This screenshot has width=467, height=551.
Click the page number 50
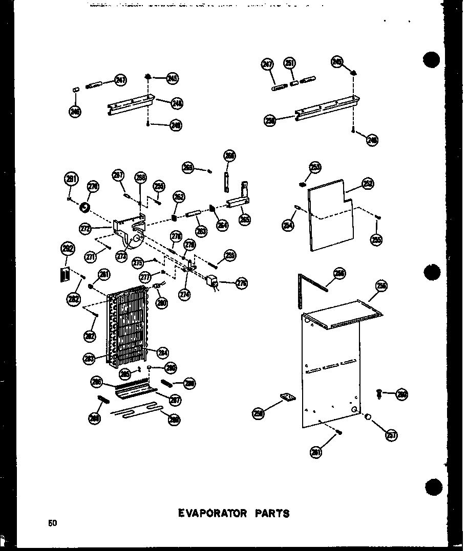pos(52,523)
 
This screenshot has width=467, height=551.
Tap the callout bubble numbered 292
pos(67,249)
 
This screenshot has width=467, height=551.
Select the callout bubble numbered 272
pos(85,228)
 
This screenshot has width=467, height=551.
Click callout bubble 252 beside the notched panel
pos(368,184)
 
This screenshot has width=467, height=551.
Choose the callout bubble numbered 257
pos(391,434)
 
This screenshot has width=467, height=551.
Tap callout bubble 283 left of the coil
pos(89,358)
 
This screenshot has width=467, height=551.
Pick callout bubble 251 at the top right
pos(290,63)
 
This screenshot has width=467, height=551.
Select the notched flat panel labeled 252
pos(330,215)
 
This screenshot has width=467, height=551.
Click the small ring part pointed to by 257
pos(368,417)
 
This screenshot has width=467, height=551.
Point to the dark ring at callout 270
pos(84,208)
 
